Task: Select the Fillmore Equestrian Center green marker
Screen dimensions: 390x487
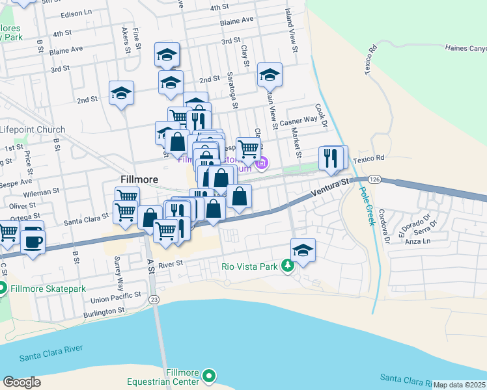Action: (x=209, y=376)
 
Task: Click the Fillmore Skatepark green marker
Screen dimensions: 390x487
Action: (x=3, y=287)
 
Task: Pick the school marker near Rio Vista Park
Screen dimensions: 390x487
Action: (x=303, y=250)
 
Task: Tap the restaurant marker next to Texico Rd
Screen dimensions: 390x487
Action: (x=332, y=158)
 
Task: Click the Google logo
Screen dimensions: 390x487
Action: (x=21, y=382)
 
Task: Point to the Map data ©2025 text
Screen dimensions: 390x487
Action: (x=459, y=385)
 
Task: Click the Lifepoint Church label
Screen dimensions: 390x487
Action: (x=33, y=129)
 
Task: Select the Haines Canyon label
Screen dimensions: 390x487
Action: (x=465, y=48)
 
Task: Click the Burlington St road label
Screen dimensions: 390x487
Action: (x=104, y=312)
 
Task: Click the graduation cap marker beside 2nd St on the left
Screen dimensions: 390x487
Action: (x=121, y=94)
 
